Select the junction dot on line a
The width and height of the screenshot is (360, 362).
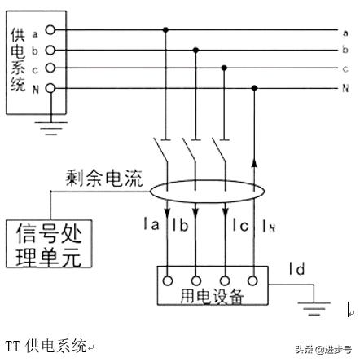pyautogui.click(x=166, y=30)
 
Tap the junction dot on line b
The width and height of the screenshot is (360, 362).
pyautogui.click(x=195, y=50)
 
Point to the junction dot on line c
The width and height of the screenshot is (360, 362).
pyautogui.click(x=225, y=68)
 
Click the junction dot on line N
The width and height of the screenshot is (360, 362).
pyautogui.click(x=256, y=87)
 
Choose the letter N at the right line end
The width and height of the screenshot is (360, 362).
pyautogui.click(x=345, y=87)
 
